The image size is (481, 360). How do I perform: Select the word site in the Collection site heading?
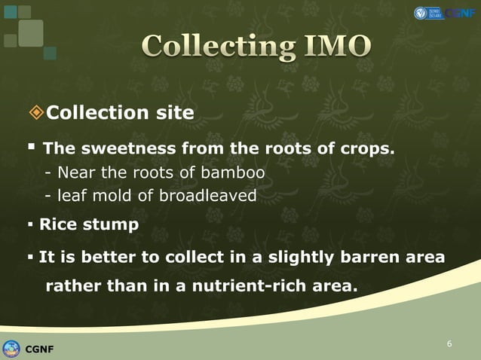point(175,113)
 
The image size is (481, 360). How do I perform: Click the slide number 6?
point(449,344)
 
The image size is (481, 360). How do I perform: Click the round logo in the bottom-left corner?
point(11,348)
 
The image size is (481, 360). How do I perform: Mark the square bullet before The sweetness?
point(32,148)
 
